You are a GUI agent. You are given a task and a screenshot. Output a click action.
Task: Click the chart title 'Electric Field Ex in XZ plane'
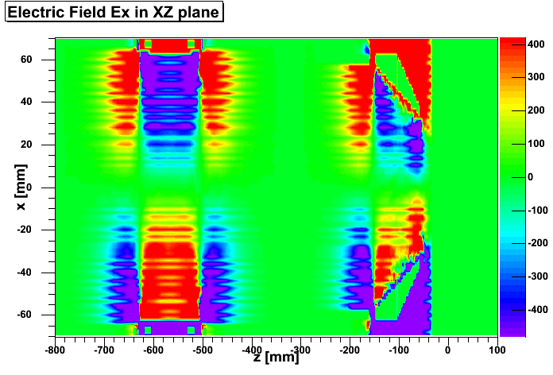(x=114, y=13)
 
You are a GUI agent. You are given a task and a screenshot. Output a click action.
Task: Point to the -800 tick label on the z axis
(x=54, y=348)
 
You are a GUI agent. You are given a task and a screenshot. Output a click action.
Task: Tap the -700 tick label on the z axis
(x=103, y=348)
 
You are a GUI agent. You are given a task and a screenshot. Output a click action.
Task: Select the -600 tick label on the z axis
(x=153, y=348)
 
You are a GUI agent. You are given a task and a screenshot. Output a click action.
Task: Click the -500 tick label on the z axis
(x=202, y=348)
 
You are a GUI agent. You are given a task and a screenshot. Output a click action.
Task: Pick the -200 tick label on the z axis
(x=350, y=348)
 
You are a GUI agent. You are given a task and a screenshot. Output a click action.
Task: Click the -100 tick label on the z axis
(x=399, y=348)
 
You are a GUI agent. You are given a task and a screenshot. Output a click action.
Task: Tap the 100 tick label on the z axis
(x=497, y=348)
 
